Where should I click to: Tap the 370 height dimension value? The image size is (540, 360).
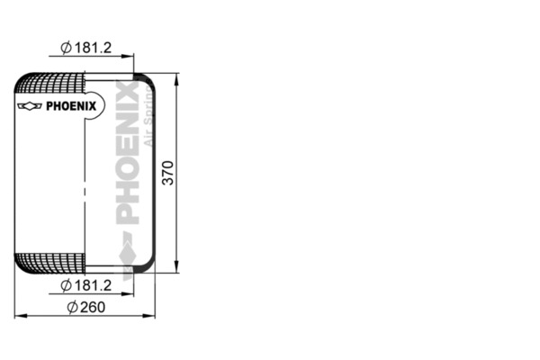click(x=168, y=171)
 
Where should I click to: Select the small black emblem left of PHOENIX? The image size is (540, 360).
click(x=30, y=105)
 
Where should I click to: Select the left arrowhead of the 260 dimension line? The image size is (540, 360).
click(x=19, y=316)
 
